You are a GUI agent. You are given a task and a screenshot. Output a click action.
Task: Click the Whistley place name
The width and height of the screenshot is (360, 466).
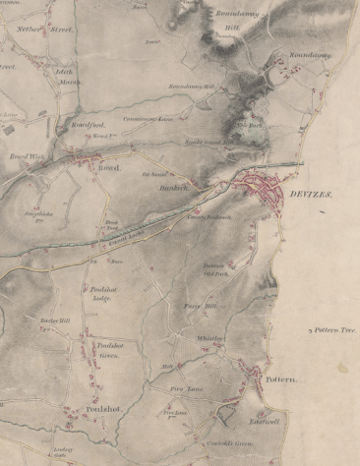click(210, 338)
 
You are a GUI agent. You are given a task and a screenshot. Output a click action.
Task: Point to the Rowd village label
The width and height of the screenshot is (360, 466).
click(107, 167)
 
